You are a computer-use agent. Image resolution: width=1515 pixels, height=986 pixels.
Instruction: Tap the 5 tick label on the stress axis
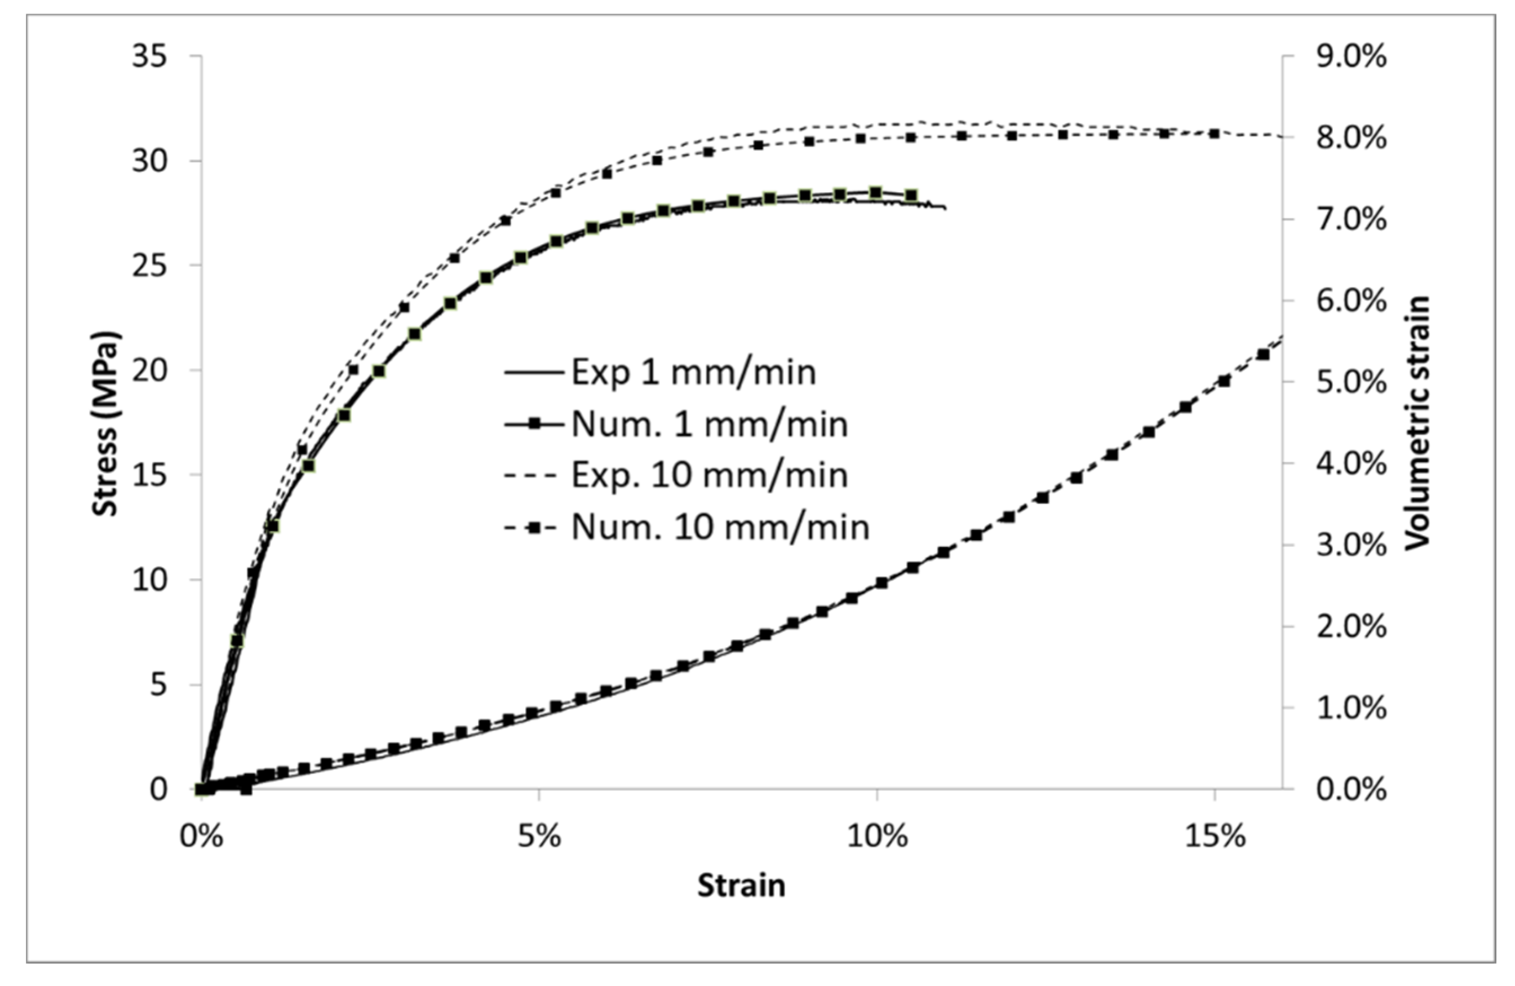158,686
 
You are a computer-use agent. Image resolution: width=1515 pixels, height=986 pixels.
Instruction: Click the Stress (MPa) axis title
107,423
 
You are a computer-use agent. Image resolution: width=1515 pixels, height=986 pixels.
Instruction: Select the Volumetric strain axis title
1417,423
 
